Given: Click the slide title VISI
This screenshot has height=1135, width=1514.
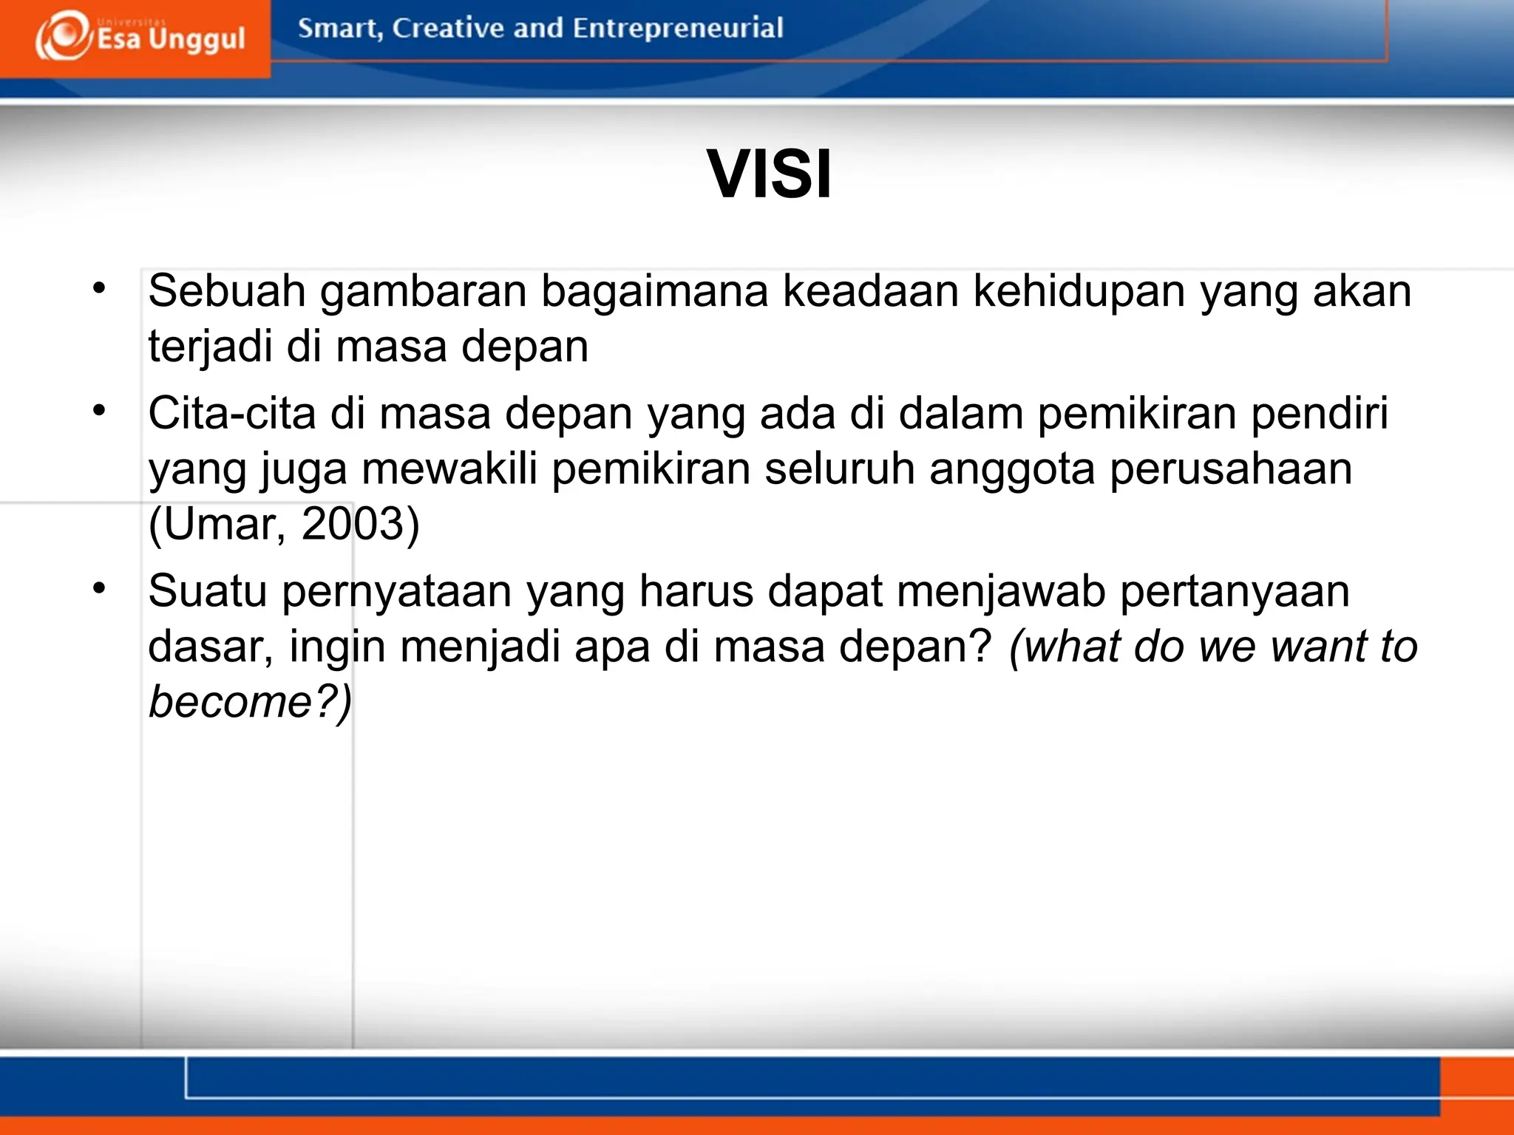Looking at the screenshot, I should (x=769, y=174).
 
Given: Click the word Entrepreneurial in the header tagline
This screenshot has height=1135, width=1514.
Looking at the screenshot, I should (x=677, y=28).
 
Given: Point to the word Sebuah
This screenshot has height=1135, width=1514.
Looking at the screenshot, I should (x=227, y=290).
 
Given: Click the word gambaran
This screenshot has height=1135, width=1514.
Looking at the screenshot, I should (x=423, y=290).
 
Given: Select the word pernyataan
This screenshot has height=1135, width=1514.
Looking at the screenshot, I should (x=396, y=591).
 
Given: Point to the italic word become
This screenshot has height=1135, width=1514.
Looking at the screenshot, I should (x=231, y=701).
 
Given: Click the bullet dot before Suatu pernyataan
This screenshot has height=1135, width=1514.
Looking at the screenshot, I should (x=100, y=589).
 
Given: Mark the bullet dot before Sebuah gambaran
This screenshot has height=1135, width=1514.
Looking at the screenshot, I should (x=100, y=288).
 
